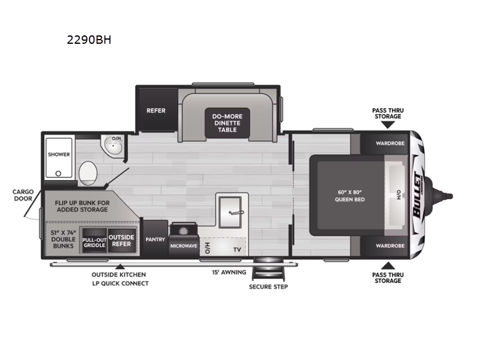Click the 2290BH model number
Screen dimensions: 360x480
point(89,41)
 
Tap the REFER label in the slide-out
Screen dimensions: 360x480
point(156,110)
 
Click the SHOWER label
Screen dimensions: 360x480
point(59,154)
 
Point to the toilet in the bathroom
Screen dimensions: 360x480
point(88,172)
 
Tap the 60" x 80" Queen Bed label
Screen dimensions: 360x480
point(350,196)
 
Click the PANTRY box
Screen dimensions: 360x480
point(155,239)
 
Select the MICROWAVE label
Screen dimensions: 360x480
point(184,245)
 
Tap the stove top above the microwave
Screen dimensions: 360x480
point(183,230)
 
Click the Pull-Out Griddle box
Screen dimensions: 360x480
point(94,241)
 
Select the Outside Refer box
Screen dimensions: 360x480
point(121,241)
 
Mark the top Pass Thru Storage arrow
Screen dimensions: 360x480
point(387,125)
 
